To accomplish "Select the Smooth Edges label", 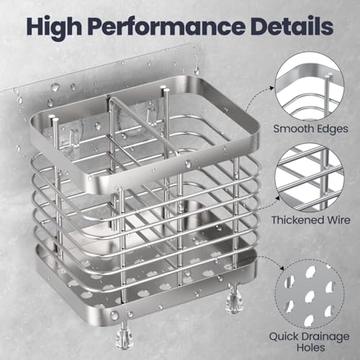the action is (310, 129).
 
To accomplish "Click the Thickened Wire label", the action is (310, 220).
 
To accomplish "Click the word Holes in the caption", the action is (310, 347).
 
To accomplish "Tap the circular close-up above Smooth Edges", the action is (310, 86).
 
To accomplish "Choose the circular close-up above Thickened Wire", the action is (310, 178).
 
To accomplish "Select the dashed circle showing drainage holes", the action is (310, 294).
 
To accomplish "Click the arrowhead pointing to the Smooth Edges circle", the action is (271, 88).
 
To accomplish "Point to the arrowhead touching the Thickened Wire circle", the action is (277, 198).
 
